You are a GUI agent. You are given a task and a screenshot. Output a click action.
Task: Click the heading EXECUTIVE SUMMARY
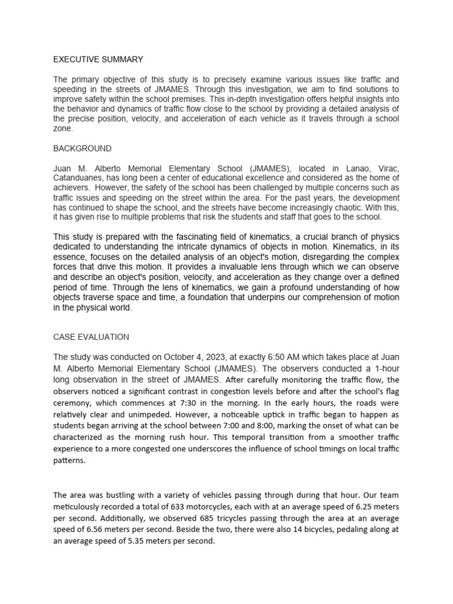pyautogui.click(x=98, y=59)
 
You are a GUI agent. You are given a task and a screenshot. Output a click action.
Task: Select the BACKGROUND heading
pyautogui.click(x=82, y=148)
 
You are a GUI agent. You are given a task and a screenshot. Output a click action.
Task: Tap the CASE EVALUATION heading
pyautogui.click(x=91, y=337)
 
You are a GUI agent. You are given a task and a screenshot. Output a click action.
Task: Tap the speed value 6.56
pyautogui.click(x=92, y=530)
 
